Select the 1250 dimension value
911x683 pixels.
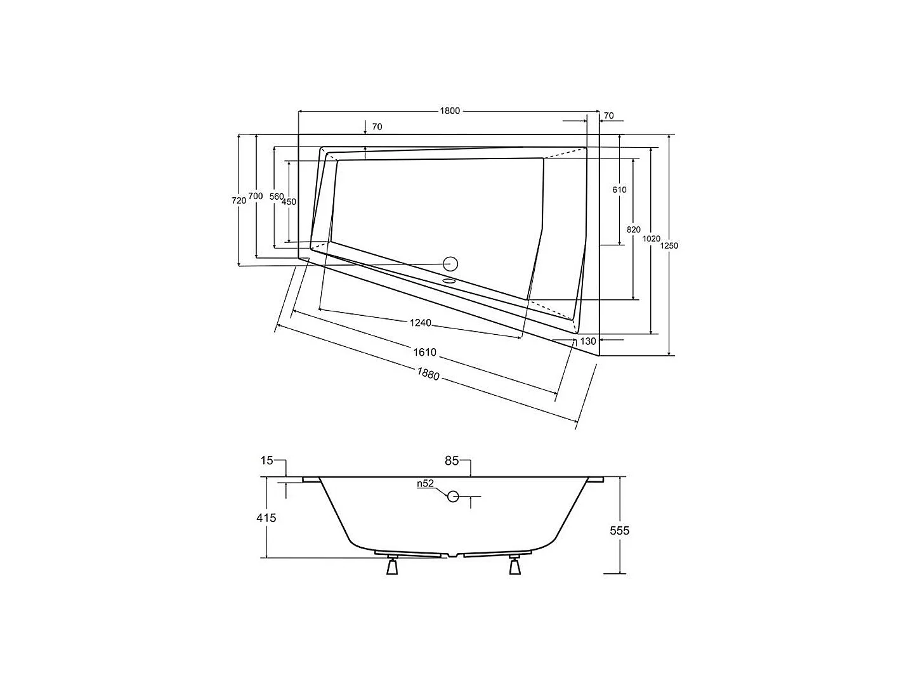pyautogui.click(x=669, y=245)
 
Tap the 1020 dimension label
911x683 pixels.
pyautogui.click(x=651, y=238)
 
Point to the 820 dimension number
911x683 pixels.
pyautogui.click(x=633, y=230)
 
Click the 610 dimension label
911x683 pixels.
pyautogui.click(x=619, y=190)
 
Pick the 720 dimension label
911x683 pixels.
pyautogui.click(x=239, y=200)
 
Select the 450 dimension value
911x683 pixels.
pyautogui.click(x=289, y=201)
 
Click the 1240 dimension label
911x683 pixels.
pyautogui.click(x=420, y=323)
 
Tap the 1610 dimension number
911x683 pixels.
pyautogui.click(x=425, y=353)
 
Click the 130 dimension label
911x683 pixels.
pyautogui.click(x=588, y=341)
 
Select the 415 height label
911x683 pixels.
pyautogui.click(x=266, y=517)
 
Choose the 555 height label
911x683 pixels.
pyautogui.click(x=619, y=530)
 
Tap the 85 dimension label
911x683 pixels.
pyautogui.click(x=452, y=461)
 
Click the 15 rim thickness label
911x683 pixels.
pyautogui.click(x=267, y=460)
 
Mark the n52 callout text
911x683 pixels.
pyautogui.click(x=425, y=483)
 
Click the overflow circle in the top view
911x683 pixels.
pyautogui.click(x=450, y=263)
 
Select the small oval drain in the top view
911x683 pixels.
pyautogui.click(x=449, y=279)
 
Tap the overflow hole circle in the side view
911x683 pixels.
pyautogui.click(x=453, y=496)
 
